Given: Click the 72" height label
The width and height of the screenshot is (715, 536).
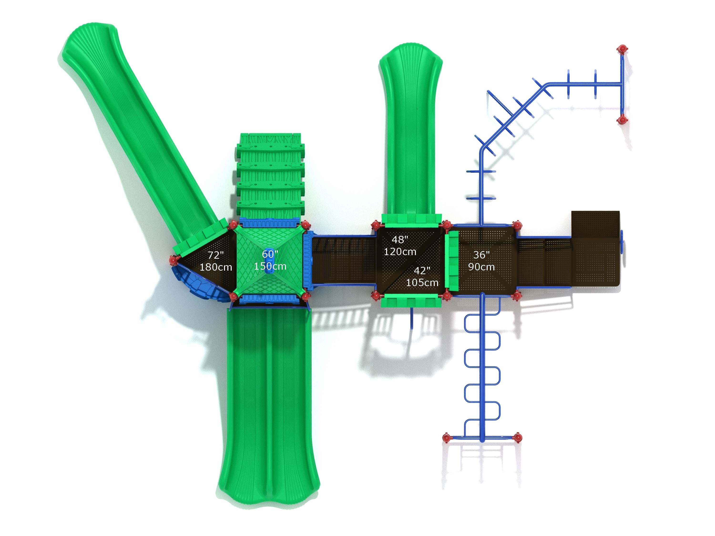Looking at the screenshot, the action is click(216, 255).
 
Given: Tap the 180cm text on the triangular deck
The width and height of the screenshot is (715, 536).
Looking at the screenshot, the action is click(216, 267).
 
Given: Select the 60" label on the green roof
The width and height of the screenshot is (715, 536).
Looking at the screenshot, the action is click(270, 254).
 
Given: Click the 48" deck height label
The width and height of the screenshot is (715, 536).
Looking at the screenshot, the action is click(400, 239).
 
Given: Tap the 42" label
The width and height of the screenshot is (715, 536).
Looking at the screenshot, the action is click(422, 270).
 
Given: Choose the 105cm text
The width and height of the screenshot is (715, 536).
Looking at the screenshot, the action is click(422, 283).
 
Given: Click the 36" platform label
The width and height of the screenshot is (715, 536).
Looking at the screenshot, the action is click(481, 255).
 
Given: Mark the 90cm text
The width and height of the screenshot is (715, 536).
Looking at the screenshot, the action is click(481, 267).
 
